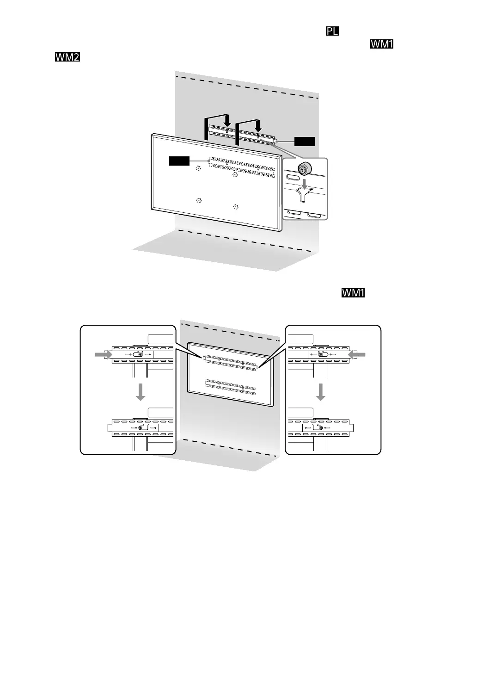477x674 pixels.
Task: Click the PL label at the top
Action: point(332,31)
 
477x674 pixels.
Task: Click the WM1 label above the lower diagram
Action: point(354,293)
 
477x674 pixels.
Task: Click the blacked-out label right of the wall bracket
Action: point(305,142)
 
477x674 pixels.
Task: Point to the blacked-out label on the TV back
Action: point(179,161)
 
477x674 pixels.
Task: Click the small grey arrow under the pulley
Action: point(304,184)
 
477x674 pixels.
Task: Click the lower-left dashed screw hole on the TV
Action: point(198,200)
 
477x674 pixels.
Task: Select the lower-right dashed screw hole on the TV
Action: point(236,206)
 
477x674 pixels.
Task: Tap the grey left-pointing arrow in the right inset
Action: point(357,354)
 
